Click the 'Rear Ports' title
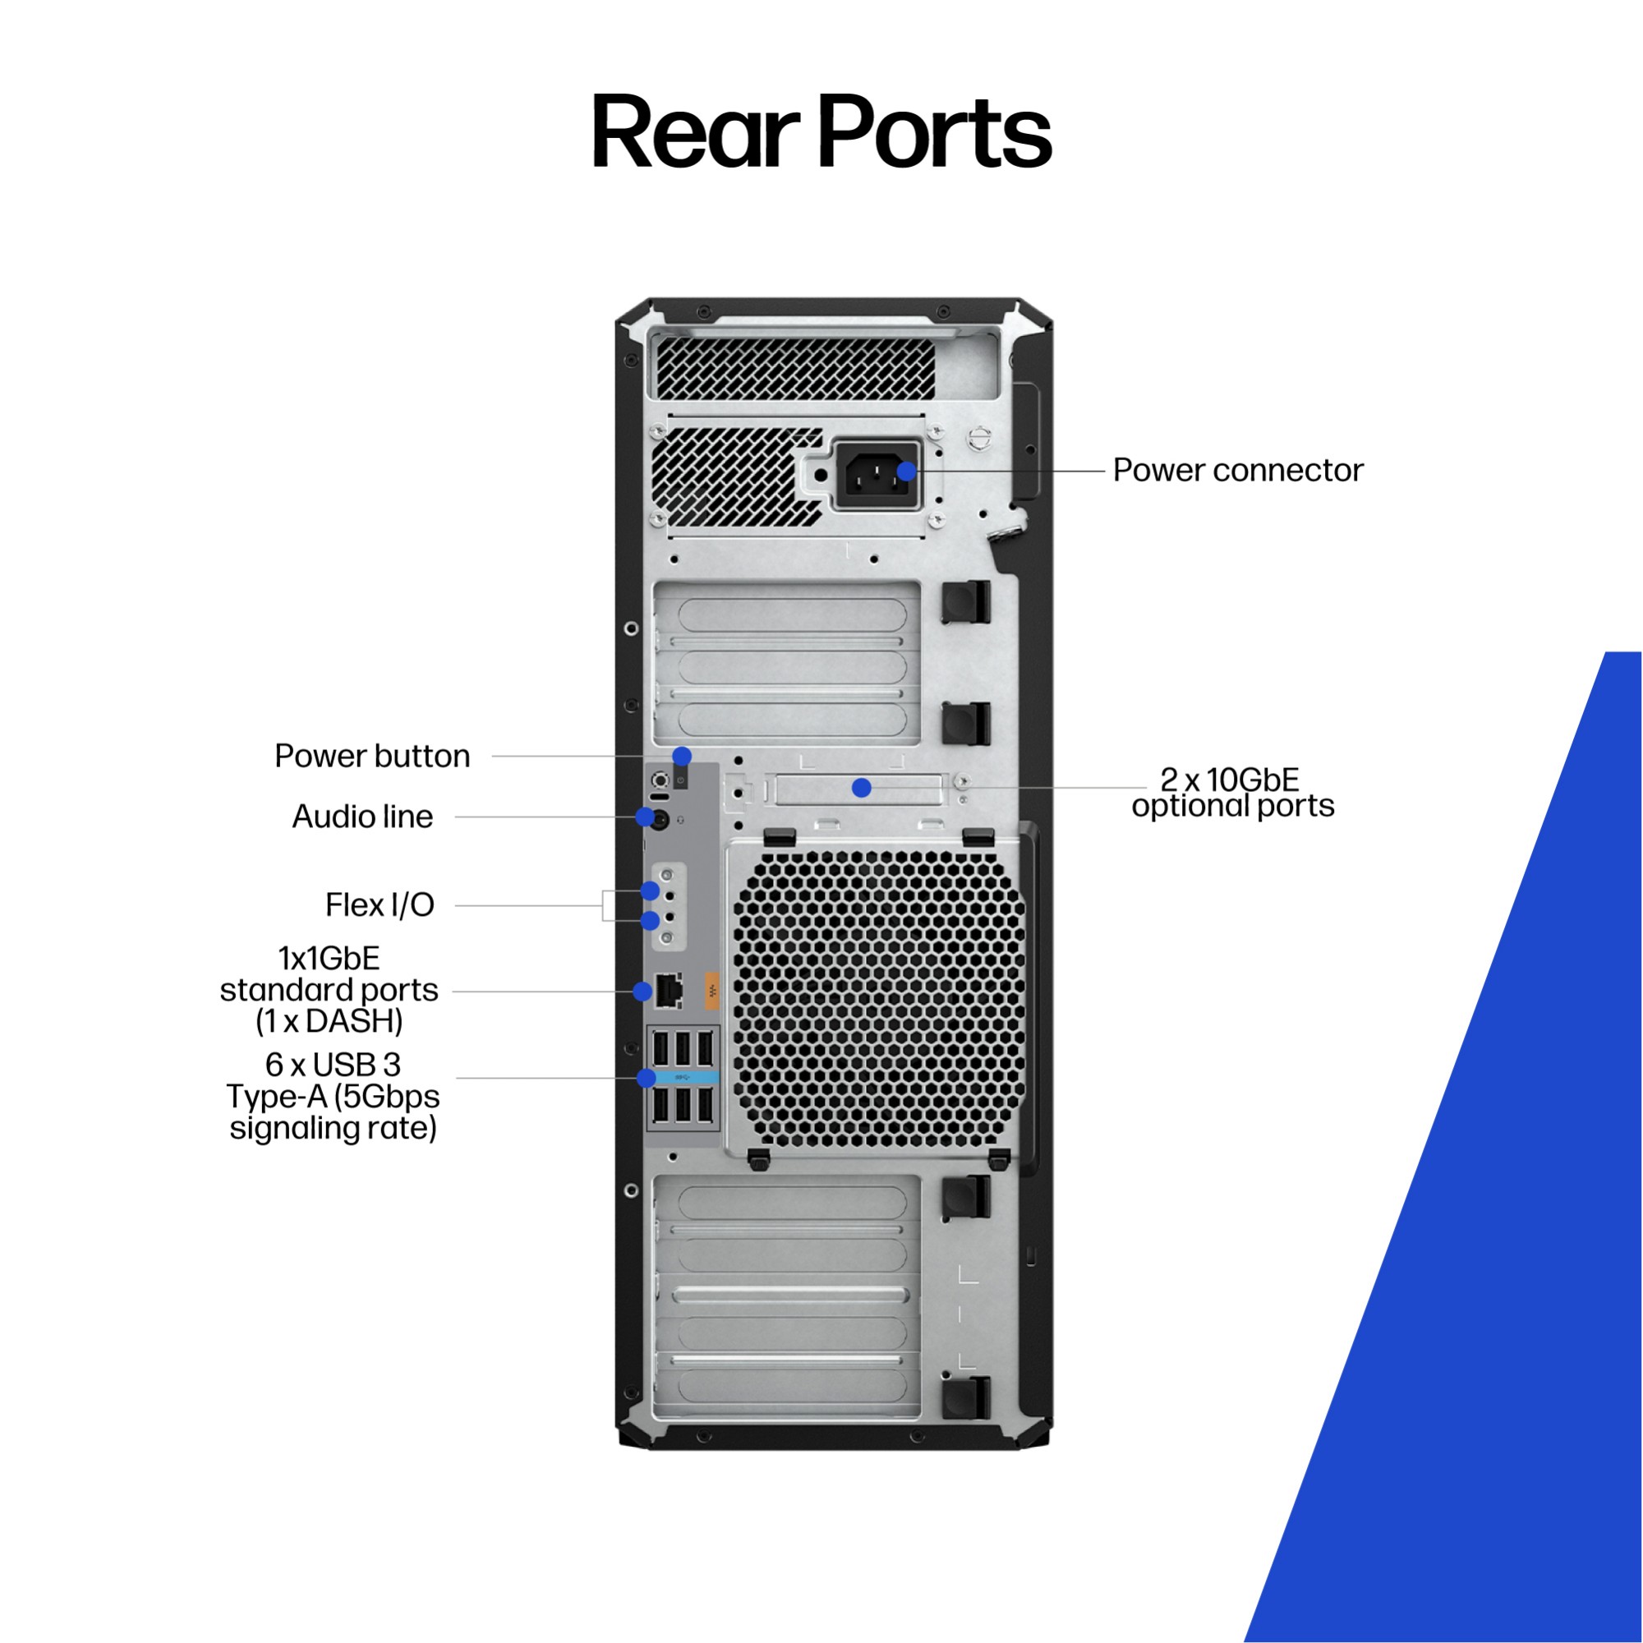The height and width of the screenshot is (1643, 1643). tap(821, 132)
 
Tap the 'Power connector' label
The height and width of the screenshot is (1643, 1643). tap(1237, 470)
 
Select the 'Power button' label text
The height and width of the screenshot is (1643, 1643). tap(371, 756)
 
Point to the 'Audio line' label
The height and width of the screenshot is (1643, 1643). tap(362, 817)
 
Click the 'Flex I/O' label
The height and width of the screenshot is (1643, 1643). tap(380, 904)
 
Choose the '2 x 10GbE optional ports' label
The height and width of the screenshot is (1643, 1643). tap(1232, 793)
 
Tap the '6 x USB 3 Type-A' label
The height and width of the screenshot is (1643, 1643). tap(333, 1096)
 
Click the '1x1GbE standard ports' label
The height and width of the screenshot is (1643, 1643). tap(329, 990)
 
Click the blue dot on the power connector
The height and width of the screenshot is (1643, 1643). tap(908, 471)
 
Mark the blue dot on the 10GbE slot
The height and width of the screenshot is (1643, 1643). tap(862, 789)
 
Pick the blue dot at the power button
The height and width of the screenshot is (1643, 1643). tap(682, 755)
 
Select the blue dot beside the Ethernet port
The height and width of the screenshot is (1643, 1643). tap(643, 991)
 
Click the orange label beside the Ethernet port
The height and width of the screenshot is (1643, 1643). tap(711, 990)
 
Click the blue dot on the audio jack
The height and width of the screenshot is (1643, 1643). tap(646, 817)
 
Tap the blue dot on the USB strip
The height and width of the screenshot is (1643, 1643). tap(647, 1079)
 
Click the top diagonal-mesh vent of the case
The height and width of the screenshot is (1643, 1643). tap(795, 367)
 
